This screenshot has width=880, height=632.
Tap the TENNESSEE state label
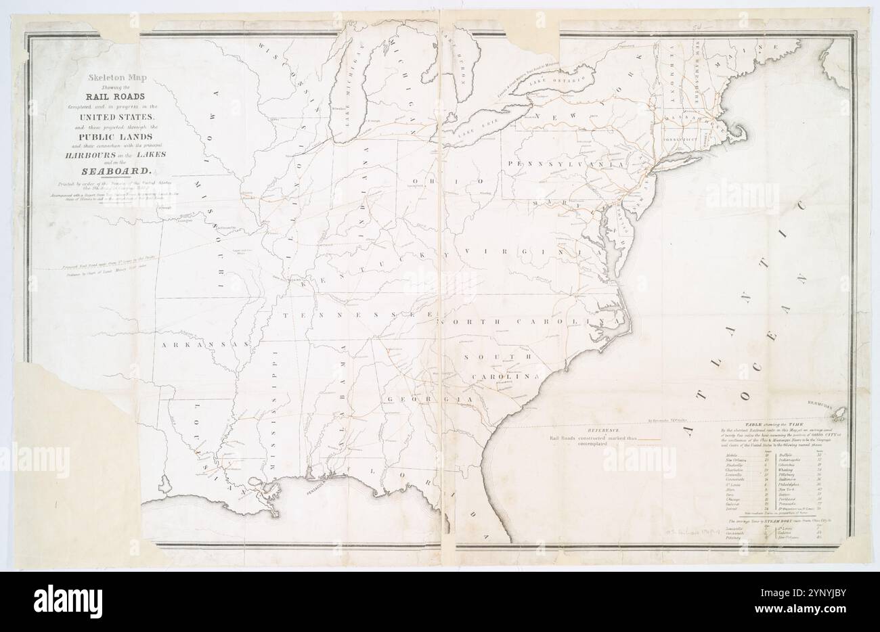click(x=357, y=315)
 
